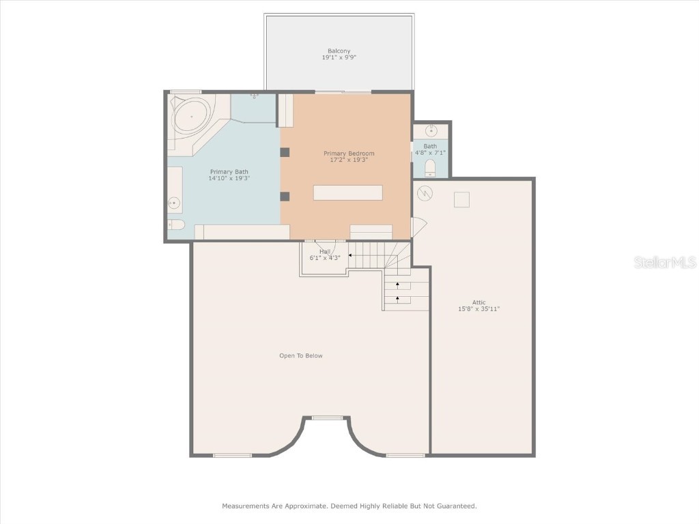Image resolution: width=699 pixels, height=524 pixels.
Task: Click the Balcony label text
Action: [x=339, y=51]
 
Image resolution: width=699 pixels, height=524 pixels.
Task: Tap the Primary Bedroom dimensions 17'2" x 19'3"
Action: [x=348, y=160]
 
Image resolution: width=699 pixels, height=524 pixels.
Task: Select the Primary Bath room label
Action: [x=229, y=172]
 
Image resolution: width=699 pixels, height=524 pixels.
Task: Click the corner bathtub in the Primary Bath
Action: [x=191, y=117]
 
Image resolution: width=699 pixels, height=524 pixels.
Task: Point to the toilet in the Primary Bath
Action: [x=175, y=224]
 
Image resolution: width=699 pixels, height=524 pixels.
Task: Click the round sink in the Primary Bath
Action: [x=174, y=203]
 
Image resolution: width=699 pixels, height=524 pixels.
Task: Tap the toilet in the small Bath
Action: [x=430, y=168]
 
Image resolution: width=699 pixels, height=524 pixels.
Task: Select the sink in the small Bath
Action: [x=431, y=130]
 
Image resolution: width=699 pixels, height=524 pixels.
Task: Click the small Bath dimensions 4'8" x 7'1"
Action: [x=431, y=153]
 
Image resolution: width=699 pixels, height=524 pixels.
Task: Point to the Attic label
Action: [x=479, y=302]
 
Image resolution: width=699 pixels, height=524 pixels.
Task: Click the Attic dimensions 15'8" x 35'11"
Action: [x=479, y=309]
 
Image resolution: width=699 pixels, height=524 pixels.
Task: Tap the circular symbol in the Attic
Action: [x=425, y=193]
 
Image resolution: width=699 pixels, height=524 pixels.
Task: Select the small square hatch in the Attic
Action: [x=462, y=199]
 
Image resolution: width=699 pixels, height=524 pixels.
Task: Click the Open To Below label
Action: [x=300, y=355]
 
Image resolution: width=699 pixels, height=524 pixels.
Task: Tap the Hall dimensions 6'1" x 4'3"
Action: [x=325, y=258]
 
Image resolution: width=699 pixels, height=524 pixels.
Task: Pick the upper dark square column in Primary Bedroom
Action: [x=285, y=151]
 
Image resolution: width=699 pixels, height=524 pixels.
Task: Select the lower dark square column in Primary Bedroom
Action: [x=285, y=196]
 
